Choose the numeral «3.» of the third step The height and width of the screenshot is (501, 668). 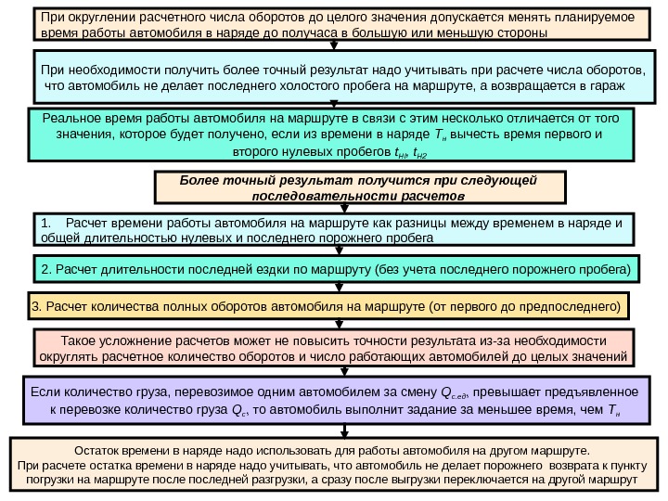37,306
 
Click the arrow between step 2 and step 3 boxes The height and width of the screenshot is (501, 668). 333,288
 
